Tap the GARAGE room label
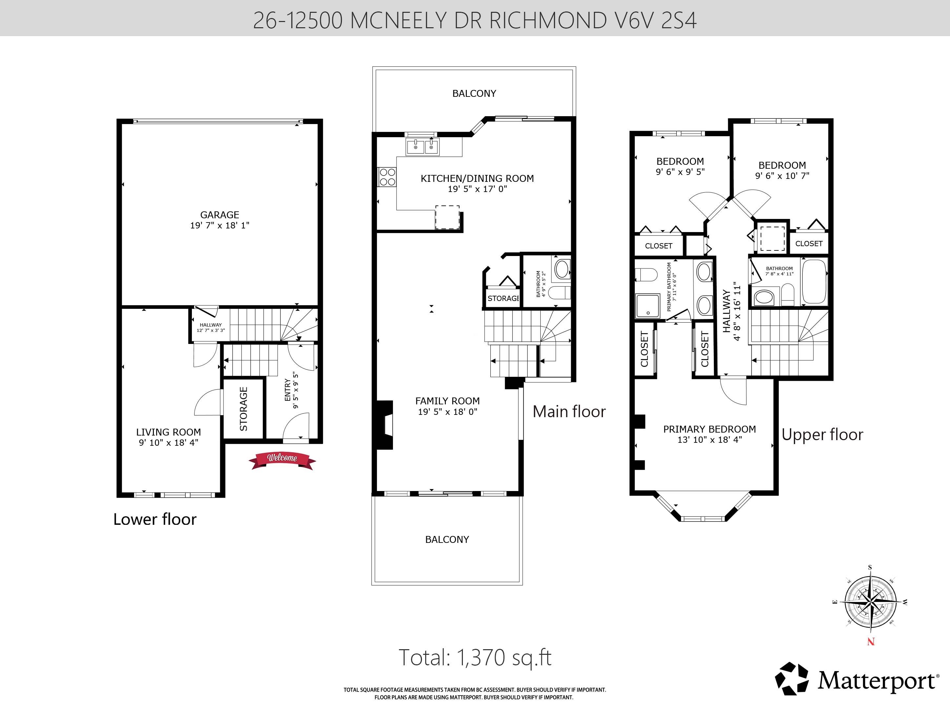[220, 215]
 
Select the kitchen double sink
[422, 147]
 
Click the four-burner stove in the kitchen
[387, 177]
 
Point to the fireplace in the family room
[384, 425]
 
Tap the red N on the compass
[871, 641]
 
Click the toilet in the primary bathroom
[646, 275]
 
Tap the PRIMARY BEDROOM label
[710, 429]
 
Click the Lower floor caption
[155, 519]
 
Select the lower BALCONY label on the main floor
[447, 540]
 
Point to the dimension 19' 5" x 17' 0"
[477, 189]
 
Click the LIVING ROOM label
[169, 432]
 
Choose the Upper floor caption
[822, 435]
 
